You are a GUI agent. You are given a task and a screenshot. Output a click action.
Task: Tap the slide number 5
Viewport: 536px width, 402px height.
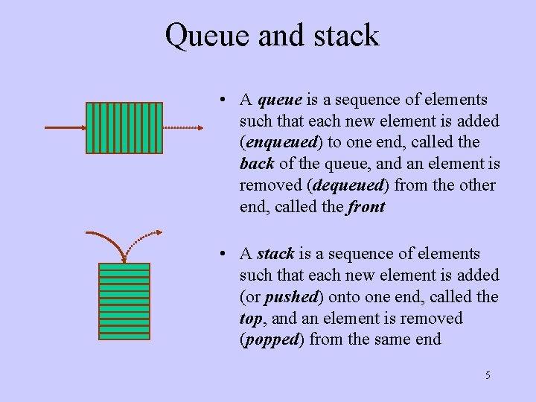point(488,375)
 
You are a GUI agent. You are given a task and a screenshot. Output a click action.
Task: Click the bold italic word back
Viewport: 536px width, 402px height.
point(257,163)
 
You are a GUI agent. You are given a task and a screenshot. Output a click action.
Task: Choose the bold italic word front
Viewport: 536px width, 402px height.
point(366,206)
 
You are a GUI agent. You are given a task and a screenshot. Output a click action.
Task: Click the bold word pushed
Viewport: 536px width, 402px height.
point(290,297)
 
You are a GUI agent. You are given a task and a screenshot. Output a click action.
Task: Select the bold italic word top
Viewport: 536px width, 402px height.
point(250,319)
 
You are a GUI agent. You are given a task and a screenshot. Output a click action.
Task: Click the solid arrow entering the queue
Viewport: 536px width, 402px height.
point(65,128)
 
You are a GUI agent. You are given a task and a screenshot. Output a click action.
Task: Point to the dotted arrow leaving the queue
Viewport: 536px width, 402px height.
point(182,128)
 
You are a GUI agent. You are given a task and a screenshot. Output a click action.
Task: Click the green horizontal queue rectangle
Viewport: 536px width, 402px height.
point(124,128)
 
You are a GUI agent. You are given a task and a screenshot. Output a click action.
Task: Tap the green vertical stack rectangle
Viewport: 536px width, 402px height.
point(124,301)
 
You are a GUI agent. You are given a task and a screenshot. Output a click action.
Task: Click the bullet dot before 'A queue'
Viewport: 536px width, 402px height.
point(223,100)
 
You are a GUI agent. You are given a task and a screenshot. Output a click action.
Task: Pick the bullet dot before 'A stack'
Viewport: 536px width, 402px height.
point(223,255)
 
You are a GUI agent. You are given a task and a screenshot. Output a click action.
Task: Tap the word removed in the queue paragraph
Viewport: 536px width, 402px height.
point(268,185)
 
